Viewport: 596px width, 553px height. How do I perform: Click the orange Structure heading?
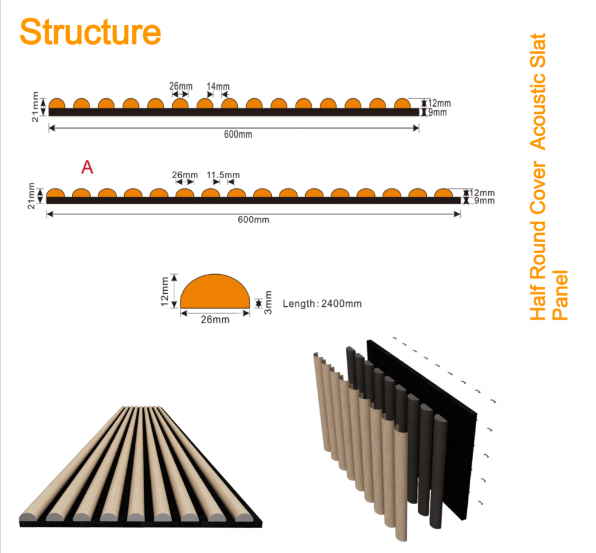[x=91, y=32]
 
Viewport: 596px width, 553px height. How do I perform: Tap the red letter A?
[x=87, y=167]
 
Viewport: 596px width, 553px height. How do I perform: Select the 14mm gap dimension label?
[x=218, y=86]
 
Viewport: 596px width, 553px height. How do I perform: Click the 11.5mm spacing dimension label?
[x=223, y=175]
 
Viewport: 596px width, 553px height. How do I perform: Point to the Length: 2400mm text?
[x=322, y=304]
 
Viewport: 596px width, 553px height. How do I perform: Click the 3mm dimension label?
[x=268, y=303]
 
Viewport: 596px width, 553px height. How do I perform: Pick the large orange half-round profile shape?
[x=215, y=291]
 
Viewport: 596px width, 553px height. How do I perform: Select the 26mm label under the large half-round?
[x=215, y=319]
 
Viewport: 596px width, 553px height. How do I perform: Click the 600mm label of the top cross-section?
[x=238, y=134]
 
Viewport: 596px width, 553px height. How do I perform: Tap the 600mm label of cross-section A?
[x=253, y=220]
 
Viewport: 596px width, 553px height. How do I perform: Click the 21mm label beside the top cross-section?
[x=35, y=107]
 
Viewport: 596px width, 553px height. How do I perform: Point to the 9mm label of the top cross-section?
[x=437, y=113]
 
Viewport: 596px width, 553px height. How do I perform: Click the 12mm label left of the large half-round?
[x=164, y=291]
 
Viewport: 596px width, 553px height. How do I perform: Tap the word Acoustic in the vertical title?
[x=538, y=92]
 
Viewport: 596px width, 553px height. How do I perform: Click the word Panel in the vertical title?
[x=560, y=296]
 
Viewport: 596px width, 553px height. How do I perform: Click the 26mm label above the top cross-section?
[x=181, y=86]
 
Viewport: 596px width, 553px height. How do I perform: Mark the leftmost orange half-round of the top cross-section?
[x=57, y=103]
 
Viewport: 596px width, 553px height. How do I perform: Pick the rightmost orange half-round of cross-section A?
[x=443, y=192]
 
